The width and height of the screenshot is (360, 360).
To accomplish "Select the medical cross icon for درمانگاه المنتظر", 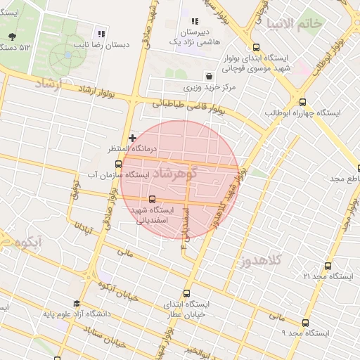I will point(132,137).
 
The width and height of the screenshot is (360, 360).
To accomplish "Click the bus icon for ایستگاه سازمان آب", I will point(118,165).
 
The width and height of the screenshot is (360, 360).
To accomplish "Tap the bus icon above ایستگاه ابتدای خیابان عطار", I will point(186,293).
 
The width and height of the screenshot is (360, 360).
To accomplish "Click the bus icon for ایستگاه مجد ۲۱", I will point(328,266).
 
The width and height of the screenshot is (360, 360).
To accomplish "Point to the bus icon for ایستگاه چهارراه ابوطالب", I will point(302,101).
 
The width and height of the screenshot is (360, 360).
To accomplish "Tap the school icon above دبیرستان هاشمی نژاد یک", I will point(194,22).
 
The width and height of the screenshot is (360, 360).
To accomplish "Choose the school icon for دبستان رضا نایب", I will point(102,33).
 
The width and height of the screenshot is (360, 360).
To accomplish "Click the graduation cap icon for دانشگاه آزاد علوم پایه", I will point(76,304).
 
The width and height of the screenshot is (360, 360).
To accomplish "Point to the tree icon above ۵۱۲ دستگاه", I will point(12,37).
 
